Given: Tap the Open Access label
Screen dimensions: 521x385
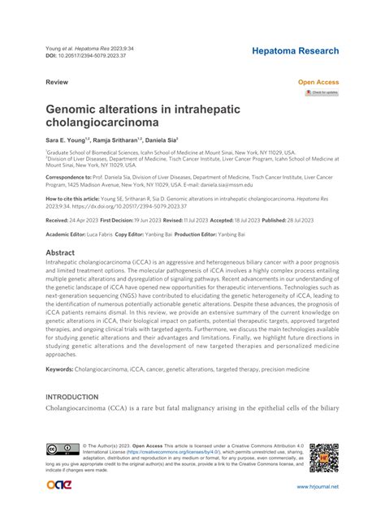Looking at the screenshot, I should (x=318, y=82).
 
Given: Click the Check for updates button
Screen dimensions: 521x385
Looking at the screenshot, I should (x=322, y=93).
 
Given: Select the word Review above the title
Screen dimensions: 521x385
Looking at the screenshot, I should (x=56, y=82).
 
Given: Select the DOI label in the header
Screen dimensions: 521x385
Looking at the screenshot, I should (x=53, y=57).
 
